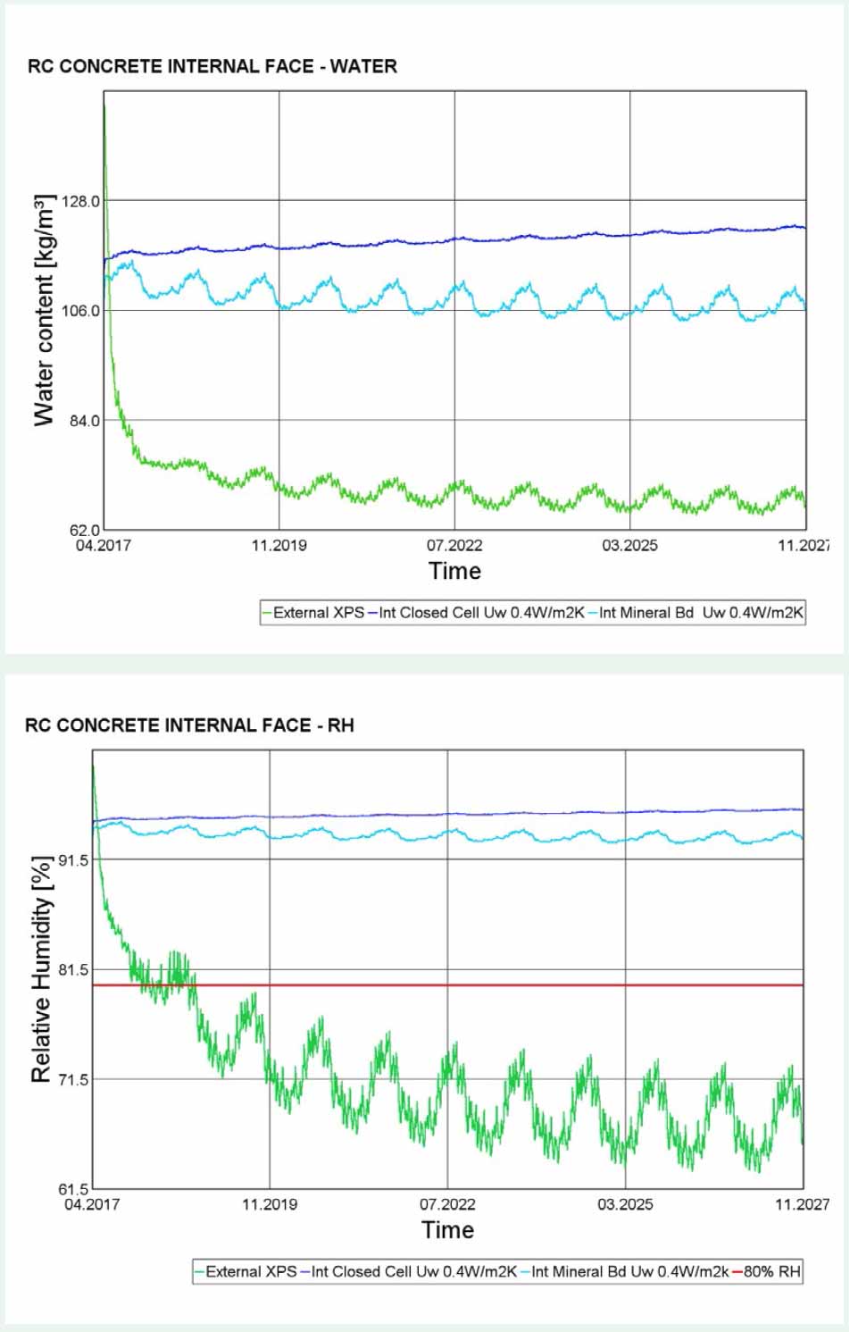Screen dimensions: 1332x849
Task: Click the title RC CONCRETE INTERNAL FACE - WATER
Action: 212,66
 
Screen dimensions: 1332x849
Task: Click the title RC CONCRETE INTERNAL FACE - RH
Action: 189,725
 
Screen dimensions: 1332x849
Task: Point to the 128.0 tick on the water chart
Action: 81,201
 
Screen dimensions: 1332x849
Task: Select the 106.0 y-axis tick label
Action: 81,311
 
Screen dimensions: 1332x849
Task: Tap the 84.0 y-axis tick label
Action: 84,421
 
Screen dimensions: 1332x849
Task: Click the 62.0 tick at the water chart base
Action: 84,531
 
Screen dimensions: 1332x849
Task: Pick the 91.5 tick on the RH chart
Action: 73,859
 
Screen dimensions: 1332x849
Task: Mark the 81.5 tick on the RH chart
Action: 73,969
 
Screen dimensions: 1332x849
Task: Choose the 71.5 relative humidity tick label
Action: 73,1079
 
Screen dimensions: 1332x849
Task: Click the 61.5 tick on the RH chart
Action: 73,1189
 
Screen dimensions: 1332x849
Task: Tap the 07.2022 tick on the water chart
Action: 454,546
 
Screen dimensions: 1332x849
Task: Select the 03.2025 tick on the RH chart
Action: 625,1204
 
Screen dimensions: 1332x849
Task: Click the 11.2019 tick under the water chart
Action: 279,546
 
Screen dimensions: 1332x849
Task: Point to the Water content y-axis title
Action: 44,310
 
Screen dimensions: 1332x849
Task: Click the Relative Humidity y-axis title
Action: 41,969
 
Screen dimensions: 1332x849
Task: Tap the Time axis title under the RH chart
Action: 447,1230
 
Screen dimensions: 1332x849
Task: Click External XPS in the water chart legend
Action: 318,613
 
